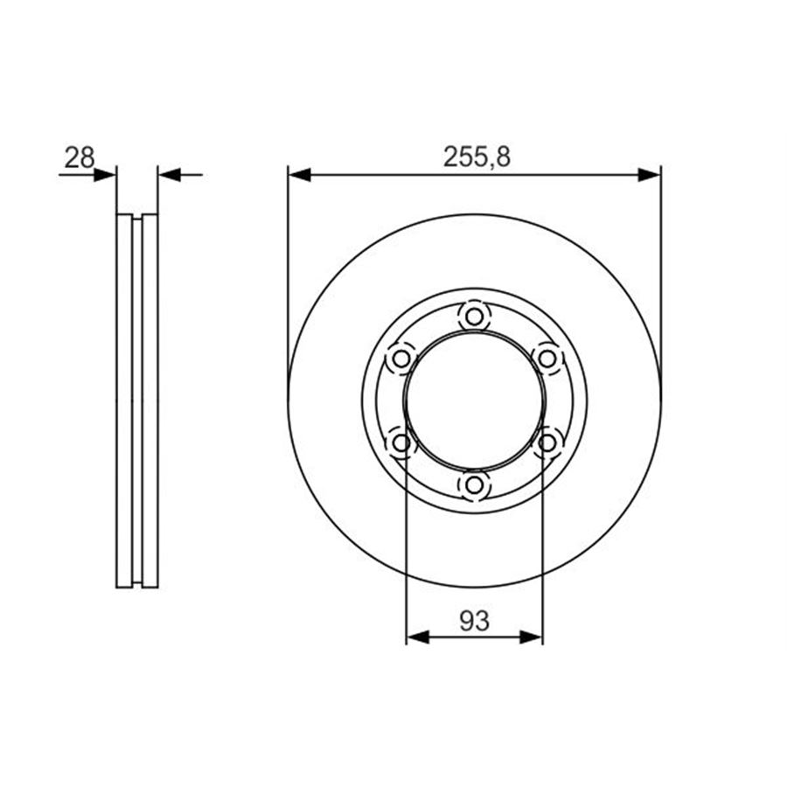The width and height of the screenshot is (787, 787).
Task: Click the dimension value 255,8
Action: [477, 157]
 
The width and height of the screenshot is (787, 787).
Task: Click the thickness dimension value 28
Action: [80, 157]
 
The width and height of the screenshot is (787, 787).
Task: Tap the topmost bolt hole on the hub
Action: [474, 316]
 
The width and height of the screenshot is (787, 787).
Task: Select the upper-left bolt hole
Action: [400, 358]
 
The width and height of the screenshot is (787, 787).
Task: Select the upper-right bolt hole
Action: [547, 358]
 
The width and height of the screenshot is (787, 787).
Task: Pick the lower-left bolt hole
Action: [400, 442]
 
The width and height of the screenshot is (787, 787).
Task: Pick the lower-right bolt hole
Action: [547, 442]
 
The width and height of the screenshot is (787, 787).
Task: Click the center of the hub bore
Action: [474, 400]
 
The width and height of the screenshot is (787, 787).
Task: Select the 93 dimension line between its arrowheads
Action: [475, 637]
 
